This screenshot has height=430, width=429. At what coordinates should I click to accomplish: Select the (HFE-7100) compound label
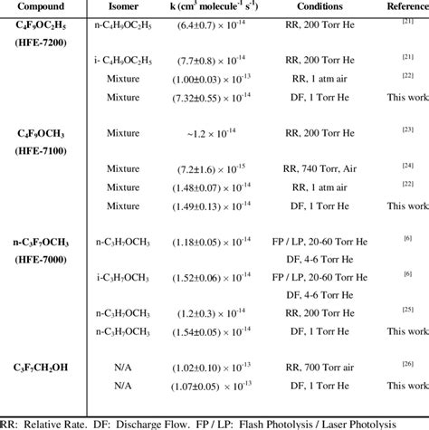pos(39,151)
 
